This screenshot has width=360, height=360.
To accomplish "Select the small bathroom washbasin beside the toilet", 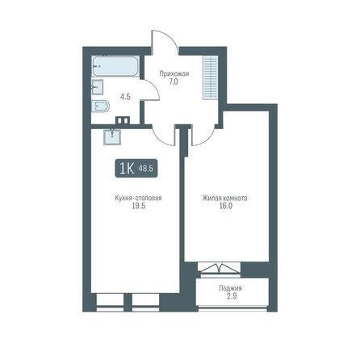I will [97, 87].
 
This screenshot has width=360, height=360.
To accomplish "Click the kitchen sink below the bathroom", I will [112, 134].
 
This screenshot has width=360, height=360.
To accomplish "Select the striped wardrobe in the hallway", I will [212, 77].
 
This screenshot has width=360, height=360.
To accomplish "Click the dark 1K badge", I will [127, 169].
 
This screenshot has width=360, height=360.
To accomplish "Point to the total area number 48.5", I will [146, 169].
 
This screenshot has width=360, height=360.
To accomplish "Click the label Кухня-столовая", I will [134, 198].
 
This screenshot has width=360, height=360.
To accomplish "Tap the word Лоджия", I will [230, 289].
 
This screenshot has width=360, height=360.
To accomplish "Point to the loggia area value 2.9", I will [230, 299].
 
